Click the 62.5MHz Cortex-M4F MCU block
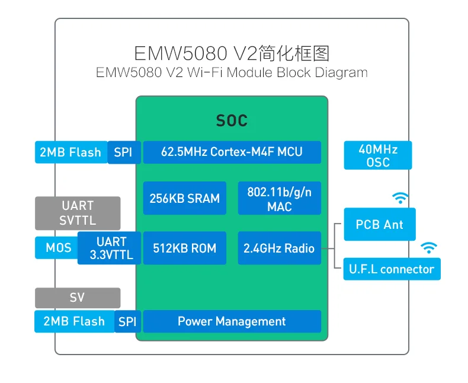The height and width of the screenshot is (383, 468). [232, 152]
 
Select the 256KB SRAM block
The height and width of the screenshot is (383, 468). [184, 198]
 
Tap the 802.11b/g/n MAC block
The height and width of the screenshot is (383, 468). [279, 198]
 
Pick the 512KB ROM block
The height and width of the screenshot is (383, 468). [184, 248]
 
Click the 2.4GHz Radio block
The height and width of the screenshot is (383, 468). [279, 248]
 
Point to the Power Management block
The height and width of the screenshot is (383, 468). [232, 321]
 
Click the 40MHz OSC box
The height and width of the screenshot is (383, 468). [377, 155]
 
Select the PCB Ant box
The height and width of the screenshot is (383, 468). [379, 225]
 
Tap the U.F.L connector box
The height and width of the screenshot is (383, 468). [391, 269]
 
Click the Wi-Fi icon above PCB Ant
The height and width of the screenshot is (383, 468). [401, 198]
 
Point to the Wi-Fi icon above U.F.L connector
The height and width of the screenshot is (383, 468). [429, 247]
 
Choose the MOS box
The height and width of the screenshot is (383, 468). [58, 248]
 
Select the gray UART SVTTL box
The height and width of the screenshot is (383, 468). [78, 213]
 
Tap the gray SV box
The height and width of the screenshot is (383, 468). [78, 298]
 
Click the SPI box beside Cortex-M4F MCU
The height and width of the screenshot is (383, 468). [123, 152]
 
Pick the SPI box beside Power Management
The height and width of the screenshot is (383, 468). [127, 321]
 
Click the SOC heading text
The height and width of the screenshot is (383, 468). [232, 121]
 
